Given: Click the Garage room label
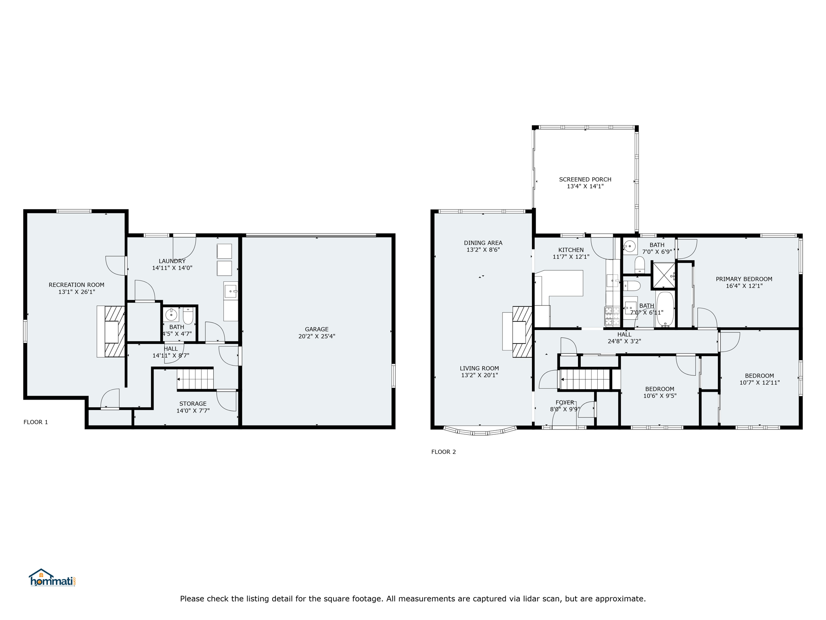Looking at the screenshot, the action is [317, 329].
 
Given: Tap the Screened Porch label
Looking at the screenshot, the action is [585, 179].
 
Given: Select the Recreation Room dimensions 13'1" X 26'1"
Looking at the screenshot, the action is [77, 292].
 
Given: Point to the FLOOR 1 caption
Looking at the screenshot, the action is [35, 422].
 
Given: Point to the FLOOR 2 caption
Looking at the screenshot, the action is [444, 452].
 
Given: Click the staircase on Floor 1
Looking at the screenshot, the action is [195, 379].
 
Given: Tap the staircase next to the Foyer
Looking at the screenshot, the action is [585, 379].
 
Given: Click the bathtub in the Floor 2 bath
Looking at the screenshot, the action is [665, 309].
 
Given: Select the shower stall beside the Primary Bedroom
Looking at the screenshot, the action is [663, 275].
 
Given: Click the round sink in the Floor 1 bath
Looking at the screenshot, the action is [171, 314].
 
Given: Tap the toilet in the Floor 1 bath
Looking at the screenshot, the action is [188, 316].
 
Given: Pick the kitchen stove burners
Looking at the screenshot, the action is [612, 316].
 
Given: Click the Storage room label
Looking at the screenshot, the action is [193, 404].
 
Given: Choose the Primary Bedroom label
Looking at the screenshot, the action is [744, 279].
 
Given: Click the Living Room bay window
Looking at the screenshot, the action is [480, 431].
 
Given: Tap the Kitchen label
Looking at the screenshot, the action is [571, 250].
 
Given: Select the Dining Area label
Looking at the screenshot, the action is [483, 243].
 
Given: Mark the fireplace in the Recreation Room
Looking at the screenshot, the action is [111, 331].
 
